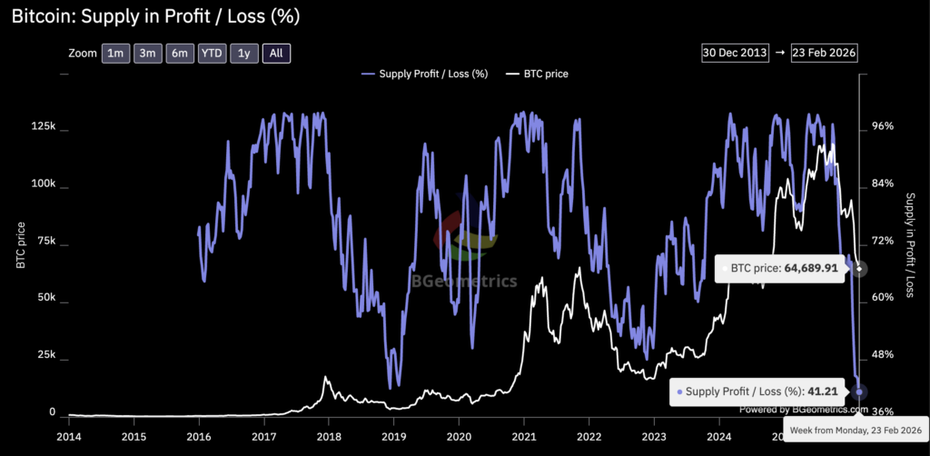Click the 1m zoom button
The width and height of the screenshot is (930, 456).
(115, 54)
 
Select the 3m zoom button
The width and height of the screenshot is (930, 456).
(148, 54)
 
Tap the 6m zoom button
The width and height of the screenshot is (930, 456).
(180, 54)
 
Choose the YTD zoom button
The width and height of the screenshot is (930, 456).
(212, 54)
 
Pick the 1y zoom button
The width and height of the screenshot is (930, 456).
(243, 54)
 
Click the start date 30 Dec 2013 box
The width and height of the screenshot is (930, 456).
(734, 52)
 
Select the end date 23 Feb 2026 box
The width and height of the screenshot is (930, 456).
(826, 52)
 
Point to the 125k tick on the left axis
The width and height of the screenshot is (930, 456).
(43, 126)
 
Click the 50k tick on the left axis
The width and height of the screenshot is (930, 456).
(45, 298)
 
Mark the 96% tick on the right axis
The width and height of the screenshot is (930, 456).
(883, 126)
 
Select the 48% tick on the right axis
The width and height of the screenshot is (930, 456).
(883, 355)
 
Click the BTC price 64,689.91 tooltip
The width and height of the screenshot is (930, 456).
(782, 269)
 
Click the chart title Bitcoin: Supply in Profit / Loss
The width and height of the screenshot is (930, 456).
(156, 16)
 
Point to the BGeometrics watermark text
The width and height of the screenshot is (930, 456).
(464, 281)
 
